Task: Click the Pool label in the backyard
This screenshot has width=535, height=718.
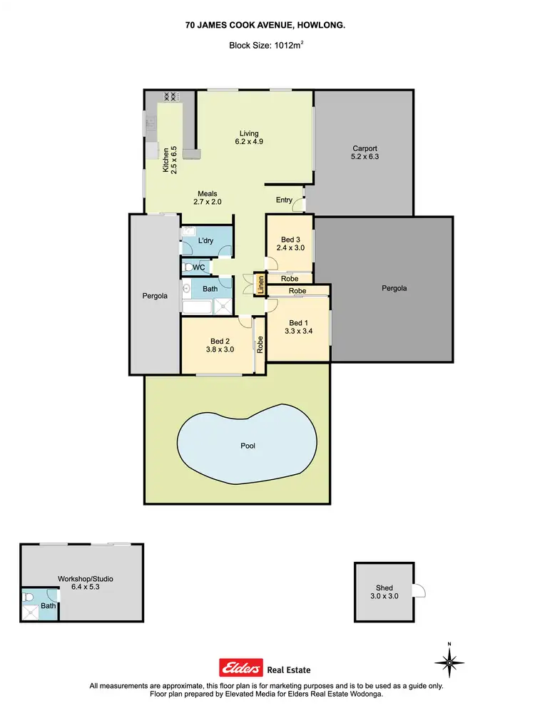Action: click(x=248, y=446)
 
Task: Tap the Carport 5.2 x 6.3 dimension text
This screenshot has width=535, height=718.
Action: click(x=364, y=156)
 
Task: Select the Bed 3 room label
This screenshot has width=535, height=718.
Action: click(x=289, y=240)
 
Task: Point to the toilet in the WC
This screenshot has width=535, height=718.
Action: click(x=188, y=267)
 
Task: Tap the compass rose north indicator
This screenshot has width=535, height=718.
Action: click(x=449, y=662)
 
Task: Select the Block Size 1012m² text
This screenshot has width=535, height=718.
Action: click(x=267, y=45)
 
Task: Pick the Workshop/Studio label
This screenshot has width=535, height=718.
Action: click(x=86, y=578)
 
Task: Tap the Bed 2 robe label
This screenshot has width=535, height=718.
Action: click(x=260, y=345)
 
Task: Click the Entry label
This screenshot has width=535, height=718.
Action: click(x=284, y=200)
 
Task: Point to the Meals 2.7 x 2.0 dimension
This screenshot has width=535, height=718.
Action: click(x=208, y=202)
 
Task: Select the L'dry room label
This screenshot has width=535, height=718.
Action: click(x=205, y=241)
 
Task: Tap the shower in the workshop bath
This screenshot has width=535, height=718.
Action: click(x=31, y=611)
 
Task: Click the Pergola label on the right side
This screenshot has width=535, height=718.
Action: click(x=394, y=289)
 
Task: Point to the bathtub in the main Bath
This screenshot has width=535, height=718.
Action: click(x=198, y=307)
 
